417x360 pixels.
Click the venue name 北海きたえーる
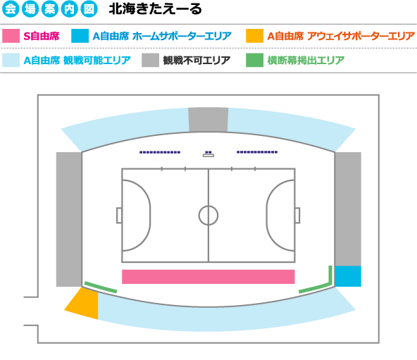pos(155,9)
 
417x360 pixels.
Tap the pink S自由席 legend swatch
pos(11,36)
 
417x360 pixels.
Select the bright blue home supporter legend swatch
pos(80,36)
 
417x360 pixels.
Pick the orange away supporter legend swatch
pos(254,36)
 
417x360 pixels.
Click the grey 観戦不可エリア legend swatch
pos(150,60)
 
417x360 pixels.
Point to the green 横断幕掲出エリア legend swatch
pos(254,60)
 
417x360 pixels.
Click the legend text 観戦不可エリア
pos(197,61)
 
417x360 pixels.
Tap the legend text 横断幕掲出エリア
pos(306,61)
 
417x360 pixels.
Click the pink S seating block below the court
pos(208,277)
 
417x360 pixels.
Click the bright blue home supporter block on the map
pos(348,276)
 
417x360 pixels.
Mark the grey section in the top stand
pos(208,120)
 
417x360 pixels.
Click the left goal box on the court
pos(119,216)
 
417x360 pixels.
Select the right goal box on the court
pos(297,216)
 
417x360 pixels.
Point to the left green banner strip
pos(101,287)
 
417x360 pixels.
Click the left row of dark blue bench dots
pos(160,152)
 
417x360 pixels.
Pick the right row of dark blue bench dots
pos(257,152)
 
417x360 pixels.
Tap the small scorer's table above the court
pos(208,156)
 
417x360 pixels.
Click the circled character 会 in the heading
pos(11,9)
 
